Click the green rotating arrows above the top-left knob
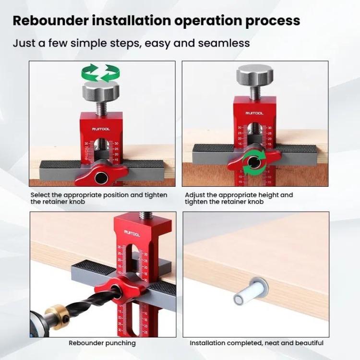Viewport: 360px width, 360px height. coord(100,72)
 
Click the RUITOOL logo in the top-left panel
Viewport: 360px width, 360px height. coord(101,129)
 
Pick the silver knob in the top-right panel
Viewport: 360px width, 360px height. coord(254,75)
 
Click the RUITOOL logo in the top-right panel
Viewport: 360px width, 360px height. coord(254,113)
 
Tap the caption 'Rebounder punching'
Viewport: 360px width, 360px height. coord(102,343)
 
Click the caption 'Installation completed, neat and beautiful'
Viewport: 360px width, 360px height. coord(256,343)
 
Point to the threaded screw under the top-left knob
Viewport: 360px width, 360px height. coord(101,106)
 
